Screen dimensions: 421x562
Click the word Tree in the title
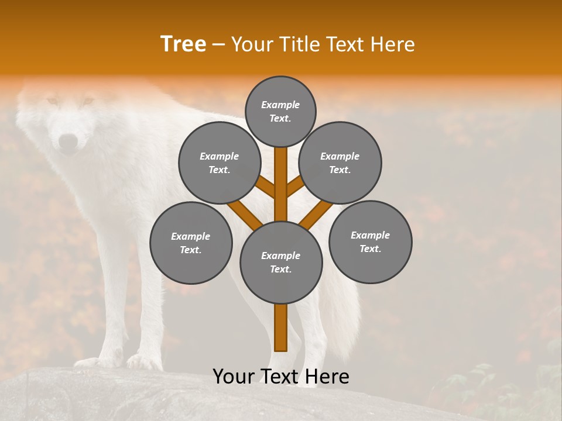[183, 44]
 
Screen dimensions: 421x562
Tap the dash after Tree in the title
[218, 45]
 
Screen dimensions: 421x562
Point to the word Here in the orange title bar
[393, 44]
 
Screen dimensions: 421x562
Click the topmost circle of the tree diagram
[280, 111]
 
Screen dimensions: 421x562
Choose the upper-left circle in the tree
[220, 163]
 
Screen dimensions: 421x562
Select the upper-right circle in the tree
[340, 163]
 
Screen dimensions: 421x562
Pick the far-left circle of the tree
[191, 243]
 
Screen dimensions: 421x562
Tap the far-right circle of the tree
[370, 241]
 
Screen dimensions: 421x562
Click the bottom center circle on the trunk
[281, 262]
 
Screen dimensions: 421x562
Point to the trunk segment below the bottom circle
[281, 327]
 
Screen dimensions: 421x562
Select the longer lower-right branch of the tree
[316, 214]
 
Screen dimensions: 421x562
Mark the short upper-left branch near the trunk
[266, 187]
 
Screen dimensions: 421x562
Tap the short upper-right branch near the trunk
[295, 186]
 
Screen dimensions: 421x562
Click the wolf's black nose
[68, 141]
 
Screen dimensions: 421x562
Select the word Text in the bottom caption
[279, 377]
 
